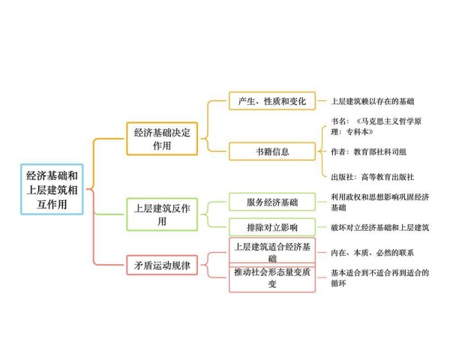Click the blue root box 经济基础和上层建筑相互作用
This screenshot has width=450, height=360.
(x=52, y=190)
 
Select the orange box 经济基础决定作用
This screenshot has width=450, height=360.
(x=162, y=139)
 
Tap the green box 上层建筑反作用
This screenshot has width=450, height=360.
(x=162, y=214)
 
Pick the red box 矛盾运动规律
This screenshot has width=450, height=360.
(x=162, y=265)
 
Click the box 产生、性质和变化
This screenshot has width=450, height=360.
(x=272, y=101)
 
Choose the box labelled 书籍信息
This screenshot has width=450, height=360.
(x=272, y=151)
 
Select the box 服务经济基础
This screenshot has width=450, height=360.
(x=272, y=202)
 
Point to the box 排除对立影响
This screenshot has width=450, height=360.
(x=272, y=227)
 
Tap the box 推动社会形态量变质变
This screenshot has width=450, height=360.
(x=272, y=277)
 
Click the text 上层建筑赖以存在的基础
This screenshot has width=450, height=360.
(x=373, y=101)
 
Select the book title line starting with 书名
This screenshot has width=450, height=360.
(x=376, y=126)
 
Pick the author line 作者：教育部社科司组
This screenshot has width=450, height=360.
(x=369, y=151)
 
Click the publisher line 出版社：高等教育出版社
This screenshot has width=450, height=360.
(x=373, y=177)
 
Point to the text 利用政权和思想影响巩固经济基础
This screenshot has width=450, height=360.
(x=380, y=202)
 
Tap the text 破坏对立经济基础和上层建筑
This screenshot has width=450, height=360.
(x=380, y=227)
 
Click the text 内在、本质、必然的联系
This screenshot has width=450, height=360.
(x=372, y=253)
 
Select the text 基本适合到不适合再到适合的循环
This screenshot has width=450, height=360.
(x=380, y=278)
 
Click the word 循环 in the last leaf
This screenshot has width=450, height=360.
(x=338, y=283)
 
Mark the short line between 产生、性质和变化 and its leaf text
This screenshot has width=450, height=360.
(x=322, y=101)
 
